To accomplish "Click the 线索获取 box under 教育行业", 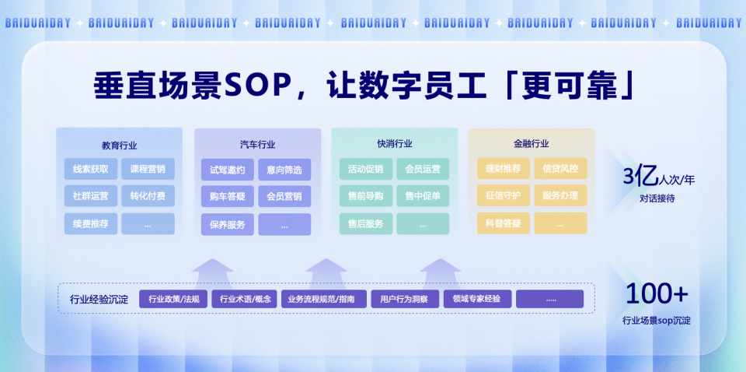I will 91,169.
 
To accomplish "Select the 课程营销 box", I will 148,169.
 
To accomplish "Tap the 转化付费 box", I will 148,195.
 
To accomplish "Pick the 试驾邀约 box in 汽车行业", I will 228,170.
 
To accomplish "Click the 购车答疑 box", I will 228,196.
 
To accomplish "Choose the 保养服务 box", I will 228,224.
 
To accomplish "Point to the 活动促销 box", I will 365,169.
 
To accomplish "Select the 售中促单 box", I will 423,195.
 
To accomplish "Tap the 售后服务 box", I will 365,223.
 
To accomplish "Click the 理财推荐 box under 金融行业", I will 503,168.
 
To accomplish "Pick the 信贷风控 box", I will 560,168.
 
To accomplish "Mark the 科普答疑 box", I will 503,223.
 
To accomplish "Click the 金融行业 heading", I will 531,143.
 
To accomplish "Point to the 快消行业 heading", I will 394,143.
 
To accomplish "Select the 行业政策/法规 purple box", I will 173,299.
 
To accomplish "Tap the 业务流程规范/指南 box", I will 321,299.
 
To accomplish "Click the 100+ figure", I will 657,294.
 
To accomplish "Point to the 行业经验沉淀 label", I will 99,299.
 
